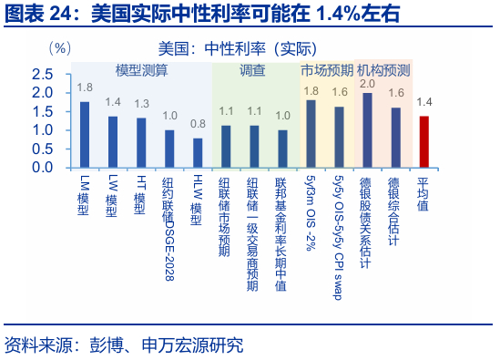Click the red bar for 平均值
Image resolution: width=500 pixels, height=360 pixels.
[423, 142]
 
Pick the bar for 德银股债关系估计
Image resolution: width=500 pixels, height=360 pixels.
[367, 130]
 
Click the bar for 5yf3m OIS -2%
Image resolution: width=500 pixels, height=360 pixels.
[311, 134]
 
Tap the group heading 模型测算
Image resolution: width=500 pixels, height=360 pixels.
[141, 70]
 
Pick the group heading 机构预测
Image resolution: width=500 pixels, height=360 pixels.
[383, 70]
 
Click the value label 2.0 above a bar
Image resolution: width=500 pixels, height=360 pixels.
[367, 84]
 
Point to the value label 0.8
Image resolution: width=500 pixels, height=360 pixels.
[198, 123]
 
